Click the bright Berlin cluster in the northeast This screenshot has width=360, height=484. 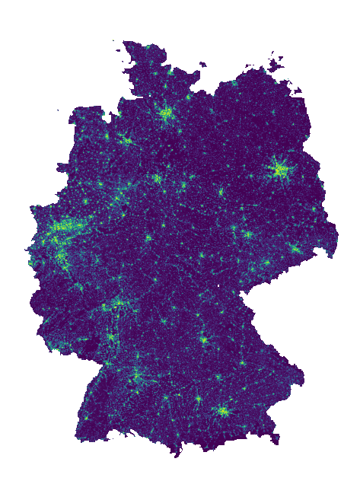pos(280,170)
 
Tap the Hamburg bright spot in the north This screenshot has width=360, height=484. pos(166,114)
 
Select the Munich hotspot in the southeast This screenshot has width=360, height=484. pos(223,411)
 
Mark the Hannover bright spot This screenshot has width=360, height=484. pos(157,179)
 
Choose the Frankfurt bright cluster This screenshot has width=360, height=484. pos(119,304)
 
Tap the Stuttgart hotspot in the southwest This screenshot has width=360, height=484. pos(137,376)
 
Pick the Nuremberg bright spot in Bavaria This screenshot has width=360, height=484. pos(204,339)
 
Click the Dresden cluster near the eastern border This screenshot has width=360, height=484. pos(295,248)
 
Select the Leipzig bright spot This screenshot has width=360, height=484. pos(247,234)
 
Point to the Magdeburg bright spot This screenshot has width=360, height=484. pos(221,192)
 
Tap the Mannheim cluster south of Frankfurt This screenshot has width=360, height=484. pos(111,336)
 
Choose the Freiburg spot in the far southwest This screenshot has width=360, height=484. pos(85,417)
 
